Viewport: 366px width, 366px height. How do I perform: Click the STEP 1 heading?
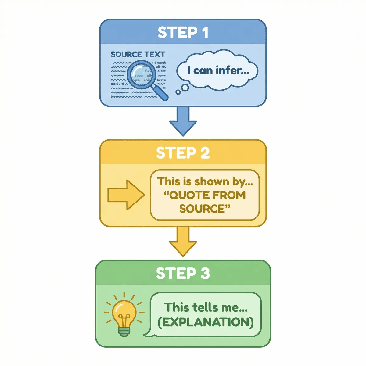pos(183,32)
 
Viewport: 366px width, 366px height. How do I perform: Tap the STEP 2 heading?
pos(183,153)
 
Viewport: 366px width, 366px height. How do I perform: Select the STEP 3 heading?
pos(183,273)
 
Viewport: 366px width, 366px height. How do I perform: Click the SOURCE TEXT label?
pos(138,55)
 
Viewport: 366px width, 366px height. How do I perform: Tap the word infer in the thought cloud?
pos(232,70)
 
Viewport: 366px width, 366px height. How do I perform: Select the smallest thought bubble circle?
pos(178,92)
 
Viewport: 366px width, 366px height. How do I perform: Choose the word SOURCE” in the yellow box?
pos(205,209)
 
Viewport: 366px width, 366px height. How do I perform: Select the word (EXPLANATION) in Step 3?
pos(206,322)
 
